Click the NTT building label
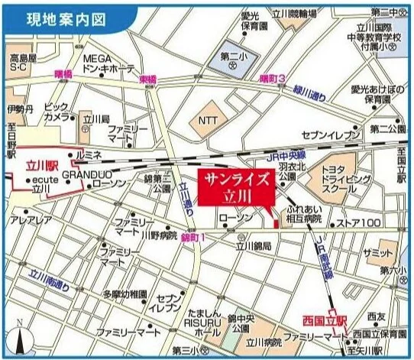pos(209,120)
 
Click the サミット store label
pos(377,253)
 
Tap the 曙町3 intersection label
pos(271,79)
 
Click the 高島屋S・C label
pos(23,63)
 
